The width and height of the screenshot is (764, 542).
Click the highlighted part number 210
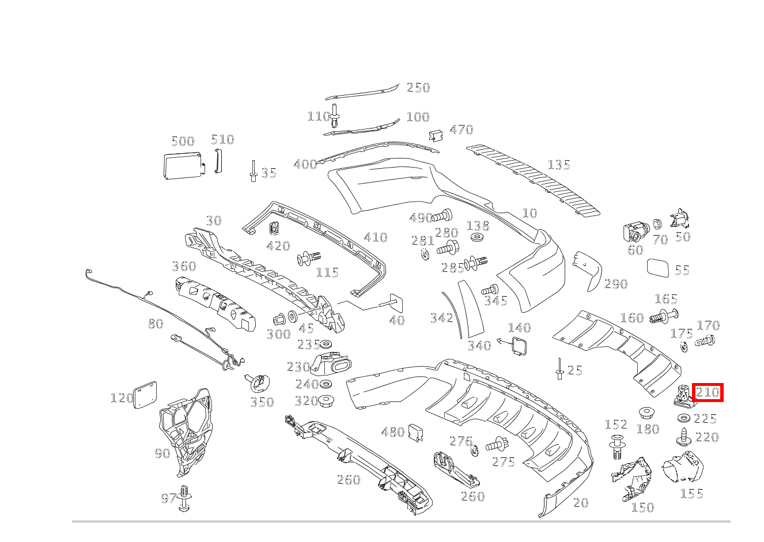708,393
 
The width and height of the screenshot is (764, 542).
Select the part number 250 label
418,88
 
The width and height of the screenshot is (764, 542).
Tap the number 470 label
461,130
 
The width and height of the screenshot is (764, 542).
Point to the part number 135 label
558,165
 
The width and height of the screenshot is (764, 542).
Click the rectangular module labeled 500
181,165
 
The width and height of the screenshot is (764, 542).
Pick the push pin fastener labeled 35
253,171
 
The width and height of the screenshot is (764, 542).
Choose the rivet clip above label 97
184,498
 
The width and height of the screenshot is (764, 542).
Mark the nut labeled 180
647,412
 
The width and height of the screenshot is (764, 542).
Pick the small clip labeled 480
416,433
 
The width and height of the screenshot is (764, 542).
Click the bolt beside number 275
496,444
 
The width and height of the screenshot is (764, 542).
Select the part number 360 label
184,266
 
